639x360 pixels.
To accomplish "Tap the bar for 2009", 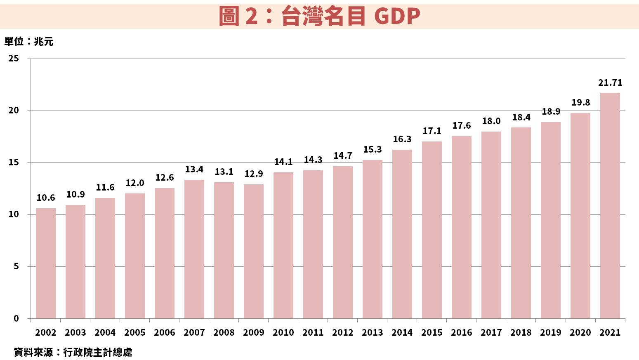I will (254, 251).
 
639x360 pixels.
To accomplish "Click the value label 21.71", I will (610, 83).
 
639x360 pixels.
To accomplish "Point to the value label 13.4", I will (194, 169).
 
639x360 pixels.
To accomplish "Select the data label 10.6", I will (46, 198).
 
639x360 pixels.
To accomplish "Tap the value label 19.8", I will (580, 103).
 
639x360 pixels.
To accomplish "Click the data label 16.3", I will (402, 139).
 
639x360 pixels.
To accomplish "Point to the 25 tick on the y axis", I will (14, 59).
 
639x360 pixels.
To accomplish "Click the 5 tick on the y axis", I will (16, 266).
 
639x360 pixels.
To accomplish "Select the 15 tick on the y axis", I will (14, 162).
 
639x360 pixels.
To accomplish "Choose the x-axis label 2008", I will (224, 333).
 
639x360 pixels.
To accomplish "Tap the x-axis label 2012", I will (343, 333).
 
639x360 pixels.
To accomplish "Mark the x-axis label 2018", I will (521, 333).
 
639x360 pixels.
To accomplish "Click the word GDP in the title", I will (397, 16).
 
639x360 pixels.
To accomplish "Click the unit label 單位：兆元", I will (29, 42).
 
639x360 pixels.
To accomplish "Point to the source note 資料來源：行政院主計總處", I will (73, 352).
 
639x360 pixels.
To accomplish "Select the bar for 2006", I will (165, 253).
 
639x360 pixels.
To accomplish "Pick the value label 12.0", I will (135, 183).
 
